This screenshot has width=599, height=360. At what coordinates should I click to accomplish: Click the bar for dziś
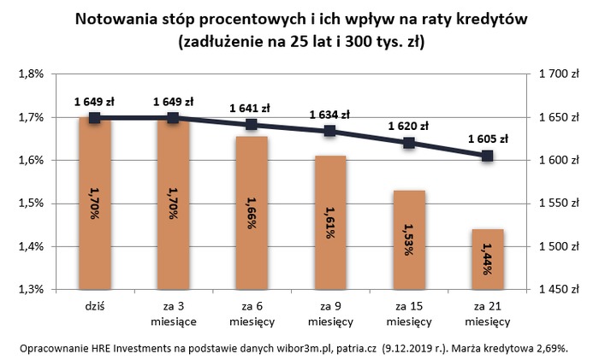point(94,205)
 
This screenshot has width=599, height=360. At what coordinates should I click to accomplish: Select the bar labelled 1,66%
point(252,214)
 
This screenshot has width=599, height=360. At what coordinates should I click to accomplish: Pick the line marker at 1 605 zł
point(487,156)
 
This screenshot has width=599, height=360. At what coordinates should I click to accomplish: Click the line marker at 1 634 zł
point(329,131)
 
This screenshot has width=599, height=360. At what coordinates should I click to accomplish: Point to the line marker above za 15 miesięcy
point(408,143)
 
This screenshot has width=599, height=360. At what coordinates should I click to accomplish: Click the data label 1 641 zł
point(250,108)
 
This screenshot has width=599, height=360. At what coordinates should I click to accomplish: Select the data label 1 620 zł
point(407,126)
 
